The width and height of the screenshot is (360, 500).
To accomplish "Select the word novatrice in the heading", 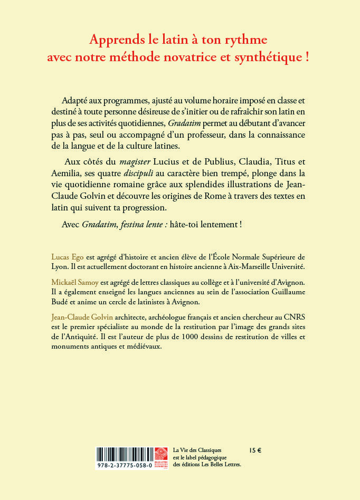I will coord(211,57).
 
